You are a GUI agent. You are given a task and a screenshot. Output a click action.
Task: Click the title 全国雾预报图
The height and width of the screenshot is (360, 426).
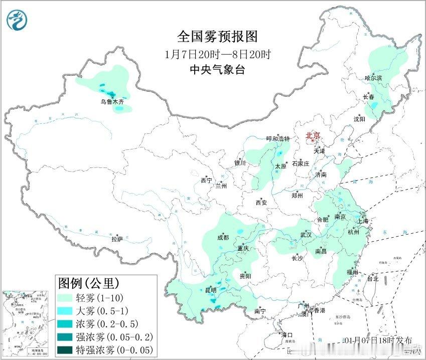(217, 37)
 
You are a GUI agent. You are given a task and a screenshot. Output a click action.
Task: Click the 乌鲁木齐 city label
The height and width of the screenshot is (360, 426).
(112, 101)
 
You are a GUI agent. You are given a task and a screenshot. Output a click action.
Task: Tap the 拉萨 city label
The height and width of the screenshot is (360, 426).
(117, 239)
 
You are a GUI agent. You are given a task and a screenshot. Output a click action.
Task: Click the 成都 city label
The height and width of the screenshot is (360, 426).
(224, 238)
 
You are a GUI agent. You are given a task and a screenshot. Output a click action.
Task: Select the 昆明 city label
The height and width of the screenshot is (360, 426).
(211, 290)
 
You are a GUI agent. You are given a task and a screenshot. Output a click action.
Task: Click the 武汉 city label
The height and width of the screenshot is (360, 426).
(306, 235)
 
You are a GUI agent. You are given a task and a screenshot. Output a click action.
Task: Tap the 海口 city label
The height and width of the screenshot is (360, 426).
(286, 335)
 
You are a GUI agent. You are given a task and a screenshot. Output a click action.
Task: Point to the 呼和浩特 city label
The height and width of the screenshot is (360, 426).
(278, 139)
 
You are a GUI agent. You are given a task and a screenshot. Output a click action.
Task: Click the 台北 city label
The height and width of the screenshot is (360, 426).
(372, 279)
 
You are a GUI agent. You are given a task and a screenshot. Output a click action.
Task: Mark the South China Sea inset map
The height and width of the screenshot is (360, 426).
(25, 323)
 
